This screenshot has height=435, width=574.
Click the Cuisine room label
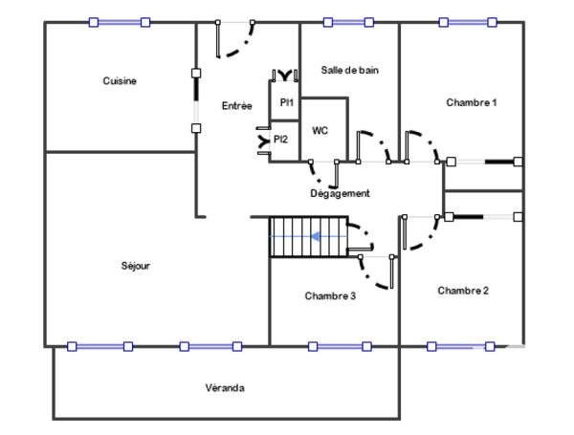click(120, 81)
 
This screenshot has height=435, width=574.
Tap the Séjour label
click(136, 266)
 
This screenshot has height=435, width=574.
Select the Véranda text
click(225, 388)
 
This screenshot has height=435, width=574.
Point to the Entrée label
click(236, 106)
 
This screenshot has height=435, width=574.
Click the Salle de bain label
click(349, 70)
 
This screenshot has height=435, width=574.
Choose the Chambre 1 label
click(472, 102)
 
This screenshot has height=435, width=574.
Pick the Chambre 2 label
click(463, 291)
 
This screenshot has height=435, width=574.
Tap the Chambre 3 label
click(330, 296)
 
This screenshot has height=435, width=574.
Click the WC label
click(320, 131)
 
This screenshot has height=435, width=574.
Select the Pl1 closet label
click(286, 102)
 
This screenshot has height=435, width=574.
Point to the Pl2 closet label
click(280, 140)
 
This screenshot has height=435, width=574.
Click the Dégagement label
click(340, 193)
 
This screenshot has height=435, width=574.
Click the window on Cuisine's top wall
click(120, 22)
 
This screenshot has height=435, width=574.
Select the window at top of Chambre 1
click(468, 22)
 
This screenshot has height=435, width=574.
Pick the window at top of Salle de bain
click(348, 22)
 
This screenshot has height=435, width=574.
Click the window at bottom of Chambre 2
click(461, 346)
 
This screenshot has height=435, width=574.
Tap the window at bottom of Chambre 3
click(340, 346)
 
